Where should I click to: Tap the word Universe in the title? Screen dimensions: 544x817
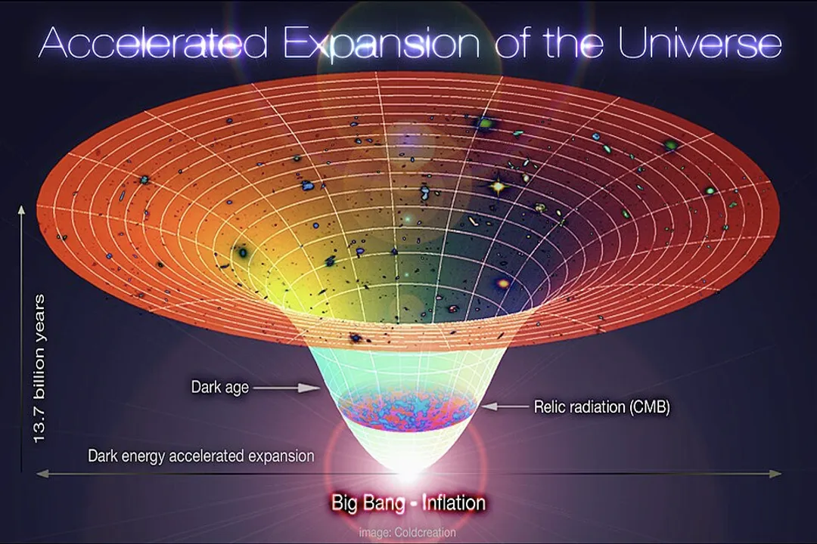(699, 44)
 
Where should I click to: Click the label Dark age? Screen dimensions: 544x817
(219, 388)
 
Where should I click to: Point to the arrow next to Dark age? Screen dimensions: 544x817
(286, 388)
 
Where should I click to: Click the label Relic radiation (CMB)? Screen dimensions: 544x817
(602, 406)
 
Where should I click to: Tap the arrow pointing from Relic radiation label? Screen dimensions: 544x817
(505, 406)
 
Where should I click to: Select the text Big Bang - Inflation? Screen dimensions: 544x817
(408, 502)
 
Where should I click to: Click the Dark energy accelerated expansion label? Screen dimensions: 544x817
(200, 456)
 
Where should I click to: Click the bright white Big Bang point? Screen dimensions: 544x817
(408, 473)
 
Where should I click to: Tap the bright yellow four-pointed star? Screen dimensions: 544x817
(498, 185)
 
